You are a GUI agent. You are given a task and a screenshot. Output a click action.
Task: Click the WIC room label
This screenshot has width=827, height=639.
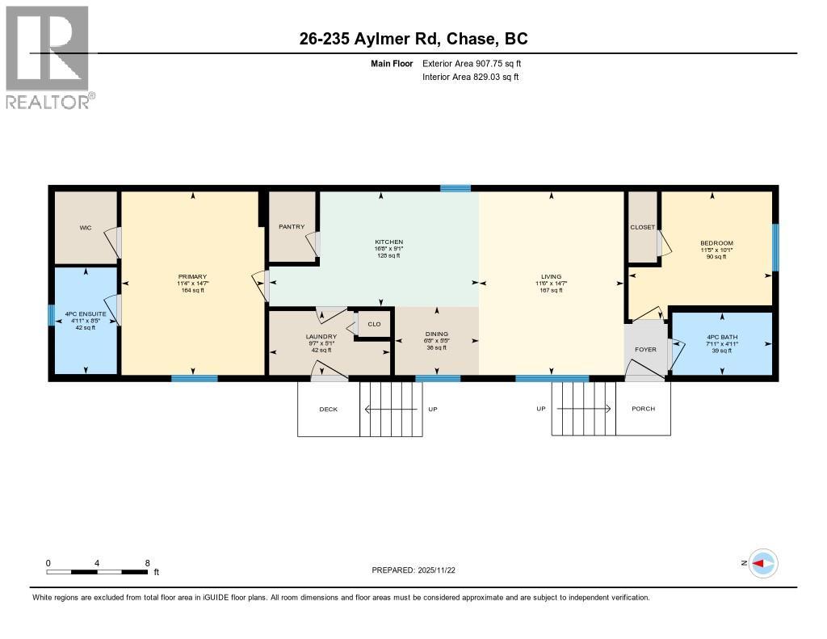tap(86, 228)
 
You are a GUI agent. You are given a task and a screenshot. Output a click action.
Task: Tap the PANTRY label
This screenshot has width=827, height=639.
tap(291, 227)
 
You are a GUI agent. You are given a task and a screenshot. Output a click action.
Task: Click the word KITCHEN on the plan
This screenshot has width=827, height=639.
tap(388, 242)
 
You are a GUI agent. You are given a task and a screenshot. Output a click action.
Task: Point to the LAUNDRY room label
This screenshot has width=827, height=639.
tap(321, 336)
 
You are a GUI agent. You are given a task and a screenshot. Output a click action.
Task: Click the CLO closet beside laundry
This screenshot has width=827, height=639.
tap(374, 325)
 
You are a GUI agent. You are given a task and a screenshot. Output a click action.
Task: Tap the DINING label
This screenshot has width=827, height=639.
tap(437, 334)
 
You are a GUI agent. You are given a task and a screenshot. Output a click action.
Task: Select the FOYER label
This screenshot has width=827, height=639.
tap(645, 350)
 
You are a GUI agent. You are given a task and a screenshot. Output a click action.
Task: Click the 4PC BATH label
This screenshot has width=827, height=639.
tap(721, 336)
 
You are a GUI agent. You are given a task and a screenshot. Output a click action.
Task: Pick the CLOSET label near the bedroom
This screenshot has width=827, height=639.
tap(643, 228)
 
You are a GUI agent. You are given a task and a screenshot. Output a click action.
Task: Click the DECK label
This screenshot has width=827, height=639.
tap(328, 410)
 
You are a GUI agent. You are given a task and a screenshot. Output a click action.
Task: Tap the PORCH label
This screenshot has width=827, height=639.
tap(643, 409)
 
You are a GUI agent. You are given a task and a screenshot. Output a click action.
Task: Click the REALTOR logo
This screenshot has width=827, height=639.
tap(48, 57)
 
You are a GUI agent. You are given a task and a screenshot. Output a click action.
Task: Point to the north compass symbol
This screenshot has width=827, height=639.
tap(762, 563)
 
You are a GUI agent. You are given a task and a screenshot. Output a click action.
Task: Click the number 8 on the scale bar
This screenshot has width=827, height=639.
tap(146, 563)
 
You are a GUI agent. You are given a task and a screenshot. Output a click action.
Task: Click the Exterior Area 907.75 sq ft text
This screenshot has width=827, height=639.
tap(477, 63)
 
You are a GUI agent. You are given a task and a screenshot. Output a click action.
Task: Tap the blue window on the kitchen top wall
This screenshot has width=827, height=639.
tap(455, 188)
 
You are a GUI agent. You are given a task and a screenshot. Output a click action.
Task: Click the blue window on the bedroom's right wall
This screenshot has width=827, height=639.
tap(775, 247)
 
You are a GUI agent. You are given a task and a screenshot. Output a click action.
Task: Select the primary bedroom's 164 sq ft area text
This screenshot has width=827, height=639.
tap(192, 291)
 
